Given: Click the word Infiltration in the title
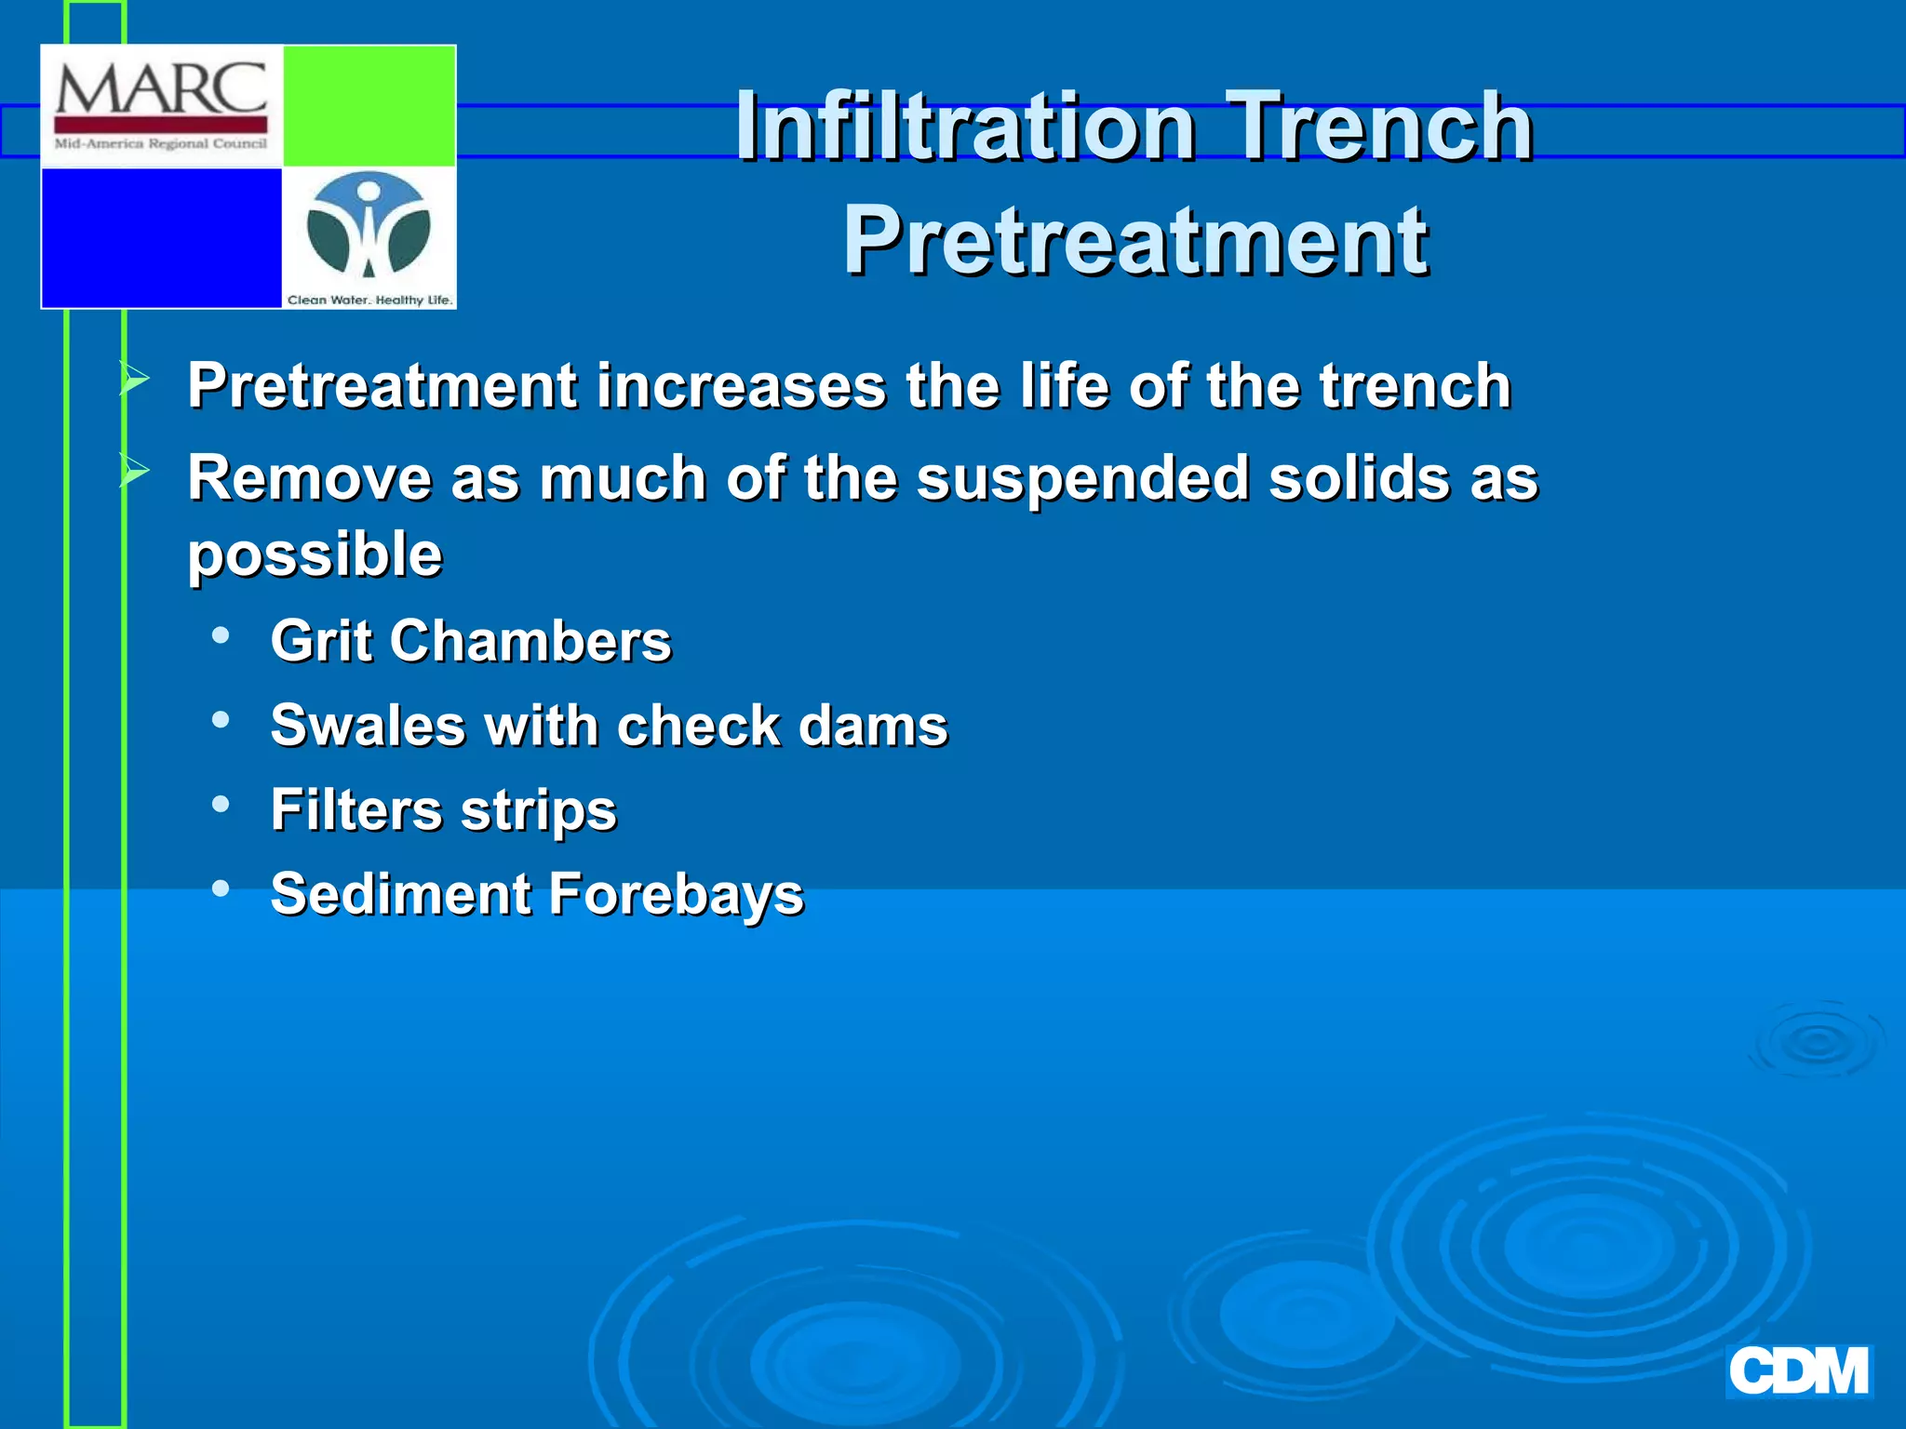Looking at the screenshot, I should pyautogui.click(x=965, y=127).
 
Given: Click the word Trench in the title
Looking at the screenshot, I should pyautogui.click(x=1379, y=127).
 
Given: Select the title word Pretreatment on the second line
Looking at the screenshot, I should pyautogui.click(x=1135, y=242).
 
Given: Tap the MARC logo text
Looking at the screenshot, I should pyautogui.click(x=161, y=90).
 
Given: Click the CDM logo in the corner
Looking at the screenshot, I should pyautogui.click(x=1798, y=1372).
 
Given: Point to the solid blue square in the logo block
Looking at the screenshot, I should pyautogui.click(x=161, y=237).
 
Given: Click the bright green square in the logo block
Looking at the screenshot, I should pyautogui.click(x=369, y=105).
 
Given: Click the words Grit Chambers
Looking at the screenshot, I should pyautogui.click(x=470, y=641).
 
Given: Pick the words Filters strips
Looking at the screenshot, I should pyautogui.click(x=443, y=809).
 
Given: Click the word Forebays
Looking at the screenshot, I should pyautogui.click(x=676, y=894).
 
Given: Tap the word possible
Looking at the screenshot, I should pyautogui.click(x=315, y=554).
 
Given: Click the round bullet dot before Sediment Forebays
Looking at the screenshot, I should pyautogui.click(x=221, y=888).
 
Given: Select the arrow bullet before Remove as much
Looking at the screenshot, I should pyautogui.click(x=135, y=472).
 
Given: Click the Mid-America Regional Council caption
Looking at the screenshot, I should pyautogui.click(x=161, y=144).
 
